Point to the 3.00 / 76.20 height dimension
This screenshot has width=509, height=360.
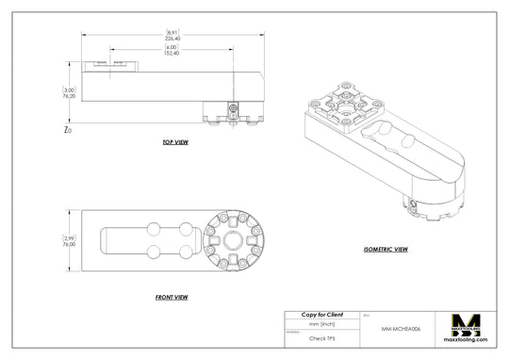pyautogui.click(x=69, y=92)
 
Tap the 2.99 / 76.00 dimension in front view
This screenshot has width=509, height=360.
pyautogui.click(x=68, y=241)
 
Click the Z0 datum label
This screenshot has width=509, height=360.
pyautogui.click(x=67, y=130)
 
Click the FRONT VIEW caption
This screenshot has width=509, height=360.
pyautogui.click(x=172, y=297)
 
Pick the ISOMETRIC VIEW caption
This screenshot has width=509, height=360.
pyautogui.click(x=386, y=250)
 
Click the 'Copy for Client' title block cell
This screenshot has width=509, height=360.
pyautogui.click(x=321, y=314)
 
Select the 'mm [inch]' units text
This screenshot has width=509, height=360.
pyautogui.click(x=321, y=323)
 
